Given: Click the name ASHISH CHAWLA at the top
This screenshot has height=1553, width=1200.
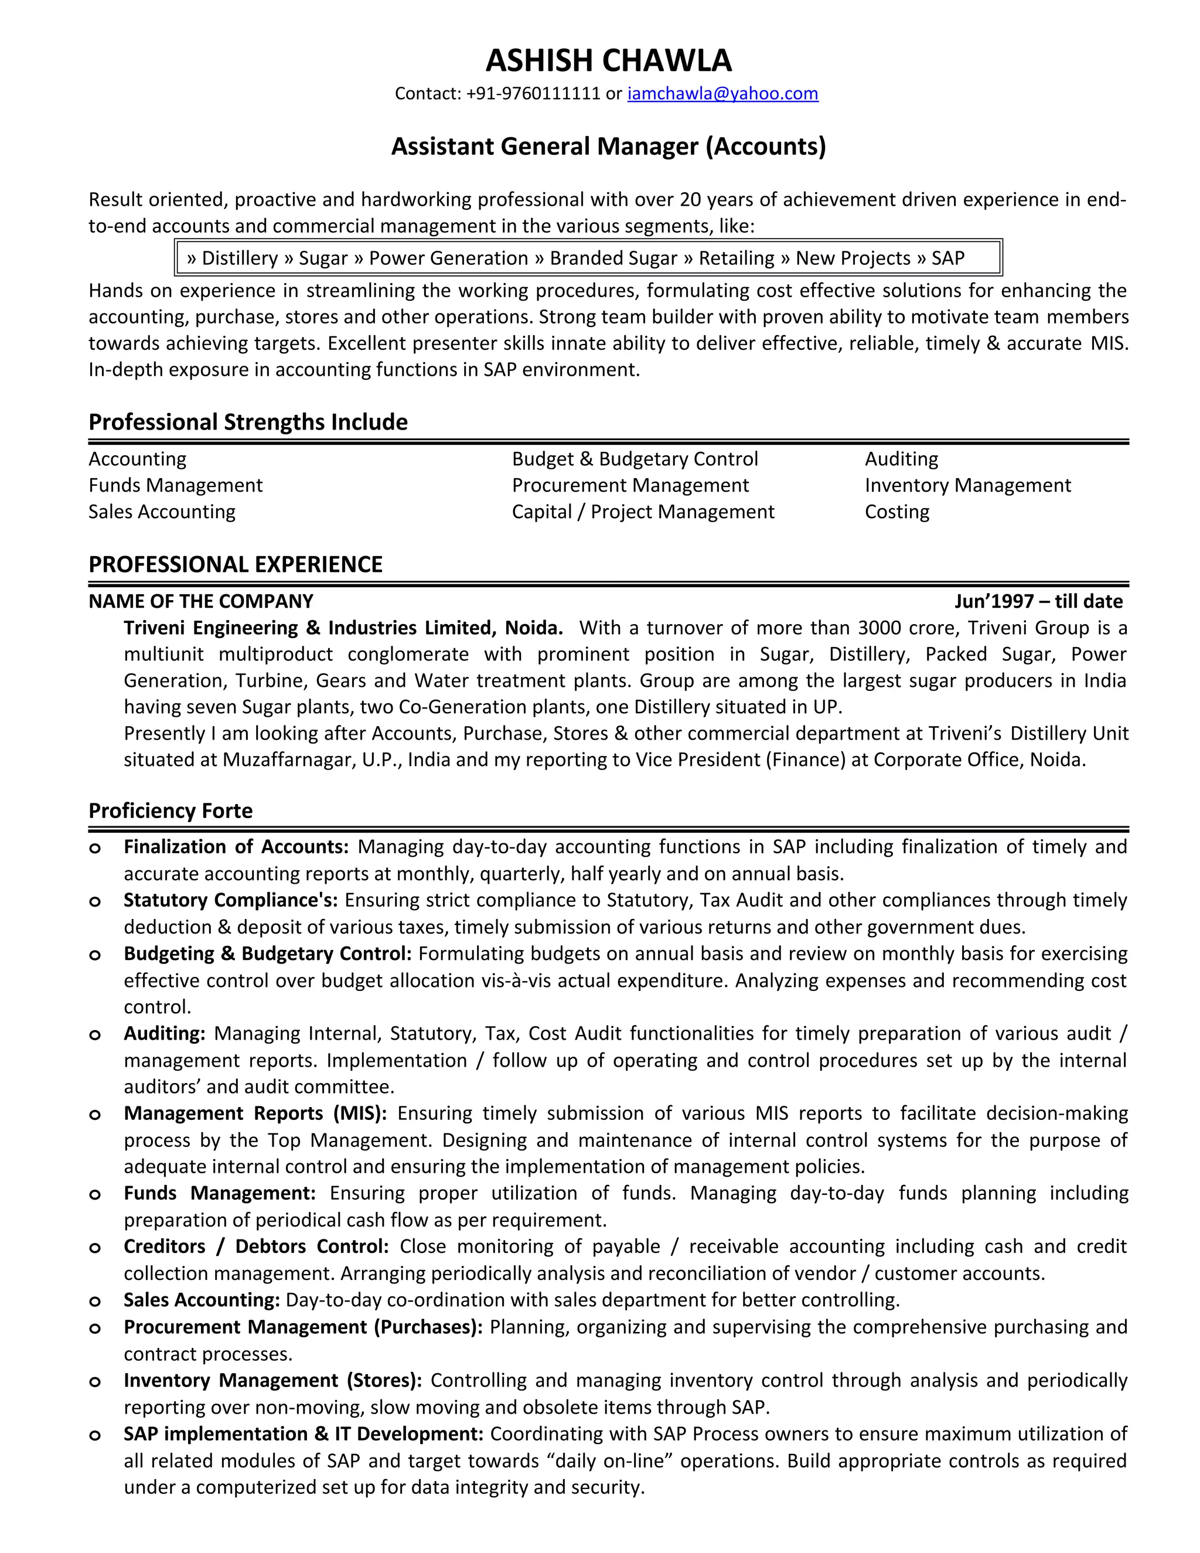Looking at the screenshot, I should click(x=609, y=61).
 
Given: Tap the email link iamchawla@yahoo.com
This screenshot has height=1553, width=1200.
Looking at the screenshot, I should click(x=722, y=94).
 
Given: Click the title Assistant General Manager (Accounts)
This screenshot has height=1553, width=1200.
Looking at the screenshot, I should click(x=609, y=147).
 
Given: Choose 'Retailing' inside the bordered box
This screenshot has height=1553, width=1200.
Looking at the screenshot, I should click(x=737, y=258).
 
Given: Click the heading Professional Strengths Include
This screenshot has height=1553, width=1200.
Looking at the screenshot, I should click(x=248, y=423).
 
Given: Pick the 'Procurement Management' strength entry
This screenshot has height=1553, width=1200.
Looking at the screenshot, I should click(x=630, y=486).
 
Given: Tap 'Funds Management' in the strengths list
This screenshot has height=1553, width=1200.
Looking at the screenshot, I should click(x=176, y=486).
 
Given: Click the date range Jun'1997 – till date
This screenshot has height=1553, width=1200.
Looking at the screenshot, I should click(x=1038, y=602).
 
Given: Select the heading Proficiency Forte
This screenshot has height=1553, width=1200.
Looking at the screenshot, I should click(x=171, y=811).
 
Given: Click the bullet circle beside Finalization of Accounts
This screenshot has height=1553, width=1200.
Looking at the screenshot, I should click(x=94, y=849).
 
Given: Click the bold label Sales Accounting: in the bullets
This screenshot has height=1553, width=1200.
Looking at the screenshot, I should click(x=202, y=1300).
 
